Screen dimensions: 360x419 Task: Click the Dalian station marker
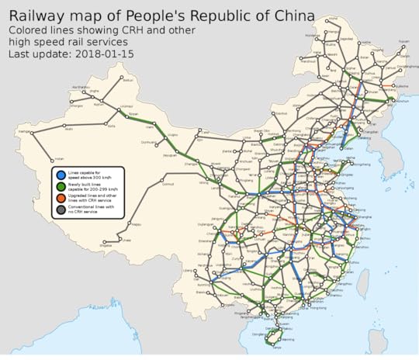(348, 137)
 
